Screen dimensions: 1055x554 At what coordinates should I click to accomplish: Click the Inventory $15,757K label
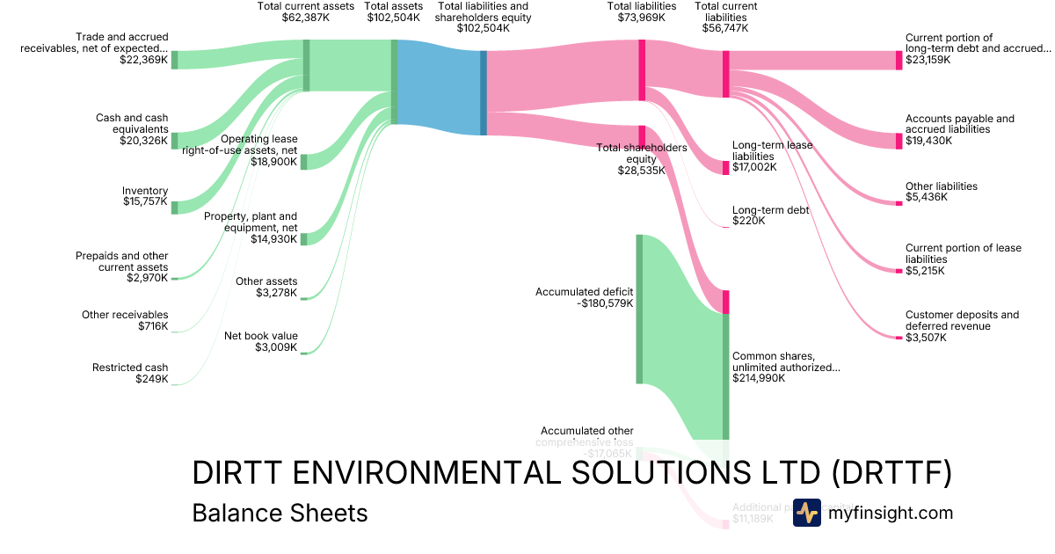[x=144, y=196]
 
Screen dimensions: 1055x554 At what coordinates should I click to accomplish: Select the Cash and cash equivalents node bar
[x=174, y=140]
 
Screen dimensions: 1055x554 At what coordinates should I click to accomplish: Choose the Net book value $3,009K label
[x=260, y=341]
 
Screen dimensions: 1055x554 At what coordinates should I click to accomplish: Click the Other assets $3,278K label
[x=266, y=288]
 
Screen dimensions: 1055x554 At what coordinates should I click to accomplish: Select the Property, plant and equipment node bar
[x=304, y=238]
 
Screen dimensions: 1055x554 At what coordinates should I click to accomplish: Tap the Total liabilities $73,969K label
[x=642, y=11]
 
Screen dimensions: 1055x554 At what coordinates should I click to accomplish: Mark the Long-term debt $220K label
[x=770, y=215]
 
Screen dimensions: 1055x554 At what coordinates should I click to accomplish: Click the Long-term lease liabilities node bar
[x=726, y=167]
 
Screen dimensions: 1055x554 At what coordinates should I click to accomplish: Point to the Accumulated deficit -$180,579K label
[x=584, y=297]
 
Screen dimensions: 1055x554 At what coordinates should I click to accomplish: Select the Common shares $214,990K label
[x=785, y=367]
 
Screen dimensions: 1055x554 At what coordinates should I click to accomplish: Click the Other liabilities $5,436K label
[x=941, y=192]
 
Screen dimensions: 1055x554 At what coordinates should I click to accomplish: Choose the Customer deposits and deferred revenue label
[x=962, y=320]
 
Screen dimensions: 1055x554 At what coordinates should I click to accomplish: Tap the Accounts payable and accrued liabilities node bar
[x=899, y=141]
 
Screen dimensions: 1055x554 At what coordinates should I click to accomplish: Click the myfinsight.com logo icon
[x=807, y=513]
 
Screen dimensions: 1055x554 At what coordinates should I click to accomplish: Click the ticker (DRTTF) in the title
[x=891, y=474]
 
